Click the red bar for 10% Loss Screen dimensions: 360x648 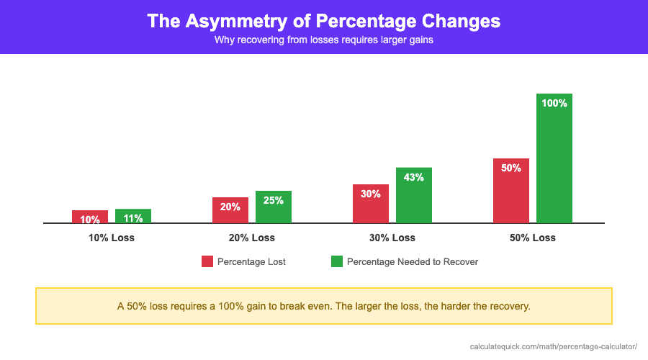coord(90,217)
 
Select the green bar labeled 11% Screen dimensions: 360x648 coord(133,216)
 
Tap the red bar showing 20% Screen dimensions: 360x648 coord(230,210)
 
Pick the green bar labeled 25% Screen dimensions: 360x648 coord(274,207)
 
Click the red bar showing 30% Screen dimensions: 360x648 coord(371,204)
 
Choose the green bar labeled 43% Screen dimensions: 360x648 coord(414,196)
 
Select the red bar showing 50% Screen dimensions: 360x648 coord(511,191)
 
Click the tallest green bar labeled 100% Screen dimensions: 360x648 coord(554,158)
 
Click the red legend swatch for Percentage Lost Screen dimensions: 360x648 coord(207,261)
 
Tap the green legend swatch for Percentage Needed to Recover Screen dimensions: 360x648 coord(337,261)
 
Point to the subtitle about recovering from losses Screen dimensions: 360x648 coord(323,40)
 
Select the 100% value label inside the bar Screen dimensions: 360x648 coord(554,103)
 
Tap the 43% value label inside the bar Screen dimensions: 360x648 coord(414,177)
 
